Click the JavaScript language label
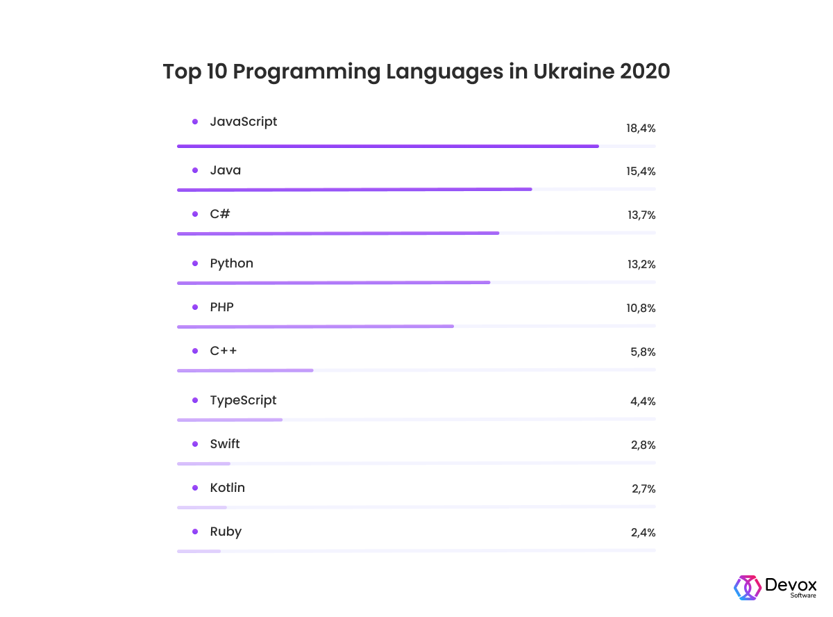244,122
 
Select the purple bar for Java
354,189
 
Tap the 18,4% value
641,129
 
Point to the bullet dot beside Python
195,263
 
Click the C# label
220,214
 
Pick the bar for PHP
315,326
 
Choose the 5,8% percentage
643,352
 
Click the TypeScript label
243,400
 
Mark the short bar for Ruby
199,551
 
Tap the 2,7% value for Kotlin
643,489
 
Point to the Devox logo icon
747,587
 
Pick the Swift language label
225,444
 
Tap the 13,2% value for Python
641,265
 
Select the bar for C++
245,370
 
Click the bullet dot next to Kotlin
195,488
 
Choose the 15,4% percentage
641,172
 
